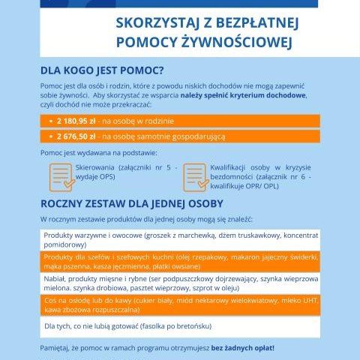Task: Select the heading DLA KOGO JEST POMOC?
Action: [x=101, y=71]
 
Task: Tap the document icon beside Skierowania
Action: [x=61, y=177]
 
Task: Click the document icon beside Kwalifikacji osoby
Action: [x=194, y=177]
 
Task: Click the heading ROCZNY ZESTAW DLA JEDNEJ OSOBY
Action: [x=142, y=203]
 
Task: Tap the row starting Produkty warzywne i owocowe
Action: [x=179, y=240]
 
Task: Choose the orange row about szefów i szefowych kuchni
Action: [x=179, y=261]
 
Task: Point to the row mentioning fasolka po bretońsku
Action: [x=179, y=326]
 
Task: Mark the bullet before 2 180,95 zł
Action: [x=49, y=120]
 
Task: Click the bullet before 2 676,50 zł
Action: [x=49, y=137]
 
